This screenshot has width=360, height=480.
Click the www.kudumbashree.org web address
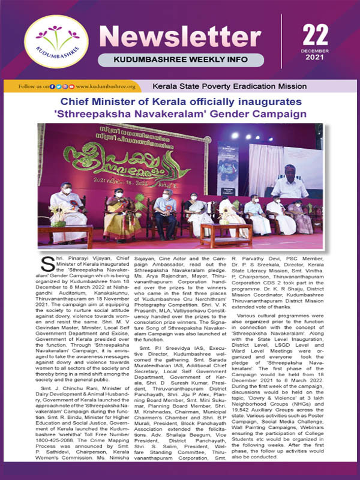(105, 87)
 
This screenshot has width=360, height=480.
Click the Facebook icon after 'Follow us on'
(53, 87)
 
